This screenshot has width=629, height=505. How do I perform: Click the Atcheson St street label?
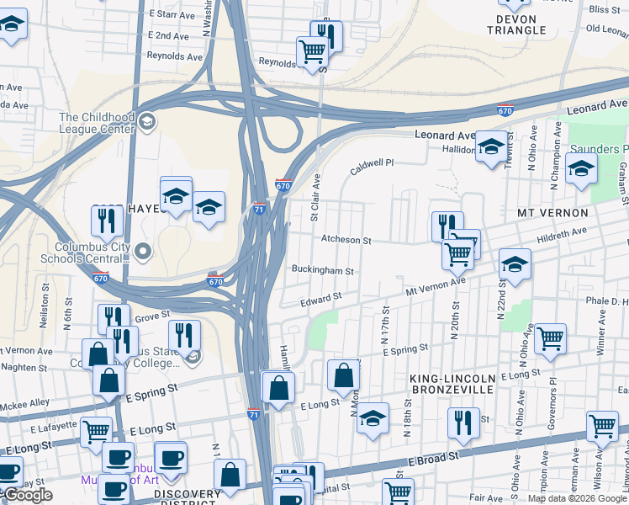[346, 241]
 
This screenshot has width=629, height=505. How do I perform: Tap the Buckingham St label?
[322, 271]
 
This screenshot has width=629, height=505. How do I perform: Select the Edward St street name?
[321, 298]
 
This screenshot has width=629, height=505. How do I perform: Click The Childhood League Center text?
[96, 124]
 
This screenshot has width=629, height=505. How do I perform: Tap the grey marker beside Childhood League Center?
[147, 123]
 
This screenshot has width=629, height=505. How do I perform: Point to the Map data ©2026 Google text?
[577, 498]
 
